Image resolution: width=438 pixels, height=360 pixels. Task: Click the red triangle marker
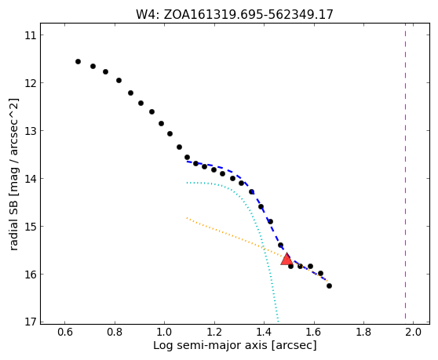(287, 260)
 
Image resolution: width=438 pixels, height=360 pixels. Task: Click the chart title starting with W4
(235, 15)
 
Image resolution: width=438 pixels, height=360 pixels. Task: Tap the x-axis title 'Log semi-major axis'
(235, 345)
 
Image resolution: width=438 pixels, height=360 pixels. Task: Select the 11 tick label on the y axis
(31, 35)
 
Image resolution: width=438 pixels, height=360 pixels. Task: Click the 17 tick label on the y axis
(31, 322)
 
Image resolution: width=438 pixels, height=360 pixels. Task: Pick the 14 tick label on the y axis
(31, 179)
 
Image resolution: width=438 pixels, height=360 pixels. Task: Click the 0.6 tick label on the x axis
(65, 332)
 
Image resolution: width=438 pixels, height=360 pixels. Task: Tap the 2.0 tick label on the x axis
(413, 332)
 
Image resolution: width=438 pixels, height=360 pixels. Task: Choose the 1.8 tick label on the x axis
(363, 332)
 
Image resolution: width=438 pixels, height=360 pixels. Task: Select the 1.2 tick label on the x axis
(214, 332)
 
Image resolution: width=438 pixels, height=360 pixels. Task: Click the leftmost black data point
(78, 62)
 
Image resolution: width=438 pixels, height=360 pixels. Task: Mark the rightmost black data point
(330, 285)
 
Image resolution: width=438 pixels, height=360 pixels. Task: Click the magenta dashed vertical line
(405, 174)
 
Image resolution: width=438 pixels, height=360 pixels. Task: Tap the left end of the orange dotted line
(187, 218)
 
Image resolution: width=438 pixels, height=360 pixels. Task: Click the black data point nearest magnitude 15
(270, 222)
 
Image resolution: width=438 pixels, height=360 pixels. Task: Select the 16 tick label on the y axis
(31, 275)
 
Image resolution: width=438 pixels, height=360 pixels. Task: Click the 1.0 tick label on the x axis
(164, 332)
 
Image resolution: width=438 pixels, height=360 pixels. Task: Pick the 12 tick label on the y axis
(31, 83)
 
